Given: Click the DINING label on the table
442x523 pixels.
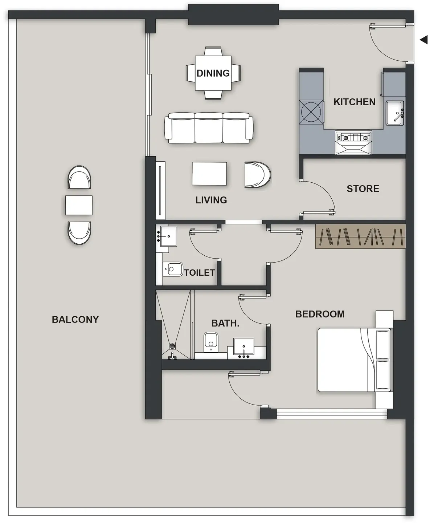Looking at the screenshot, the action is [x=213, y=73].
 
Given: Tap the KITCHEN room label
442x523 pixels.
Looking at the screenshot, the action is [x=354, y=102].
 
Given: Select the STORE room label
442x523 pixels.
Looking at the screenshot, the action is [x=363, y=189].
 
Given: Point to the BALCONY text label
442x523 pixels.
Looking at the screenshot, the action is [x=75, y=320].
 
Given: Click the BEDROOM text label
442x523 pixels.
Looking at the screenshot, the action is [x=320, y=314].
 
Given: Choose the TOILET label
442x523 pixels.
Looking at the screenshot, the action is [x=199, y=273].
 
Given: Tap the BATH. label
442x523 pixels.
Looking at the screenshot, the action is [x=225, y=323].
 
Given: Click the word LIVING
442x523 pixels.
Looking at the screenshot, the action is [x=211, y=200].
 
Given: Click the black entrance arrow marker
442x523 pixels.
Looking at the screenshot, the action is [x=424, y=40].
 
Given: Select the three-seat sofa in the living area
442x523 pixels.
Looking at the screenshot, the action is [x=209, y=128].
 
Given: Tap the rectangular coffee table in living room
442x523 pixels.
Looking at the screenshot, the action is [x=209, y=174].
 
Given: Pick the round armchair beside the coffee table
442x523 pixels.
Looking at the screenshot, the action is [x=257, y=175].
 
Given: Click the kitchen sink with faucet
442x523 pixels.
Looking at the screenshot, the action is [x=395, y=113].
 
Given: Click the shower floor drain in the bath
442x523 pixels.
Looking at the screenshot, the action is [x=172, y=346].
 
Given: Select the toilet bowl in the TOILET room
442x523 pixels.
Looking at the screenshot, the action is [x=173, y=269].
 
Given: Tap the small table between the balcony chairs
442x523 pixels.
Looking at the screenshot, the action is [x=79, y=205].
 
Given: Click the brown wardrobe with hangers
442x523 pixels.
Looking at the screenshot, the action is [x=360, y=236].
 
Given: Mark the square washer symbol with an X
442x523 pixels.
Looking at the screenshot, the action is [x=311, y=112].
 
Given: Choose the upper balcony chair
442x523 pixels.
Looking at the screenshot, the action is [x=79, y=177].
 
